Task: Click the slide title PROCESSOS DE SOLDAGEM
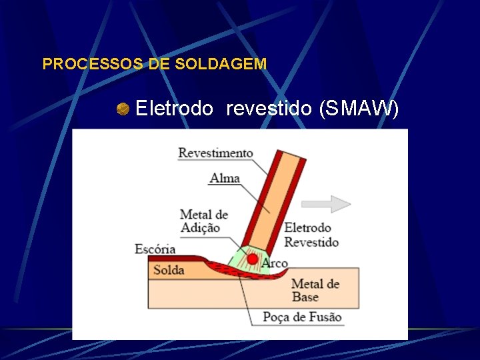[x=154, y=64]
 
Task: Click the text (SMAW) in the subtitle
[x=359, y=108]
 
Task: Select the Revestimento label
[x=215, y=153]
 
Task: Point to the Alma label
[x=225, y=178]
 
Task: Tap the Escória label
[x=155, y=249]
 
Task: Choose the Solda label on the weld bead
[x=168, y=270]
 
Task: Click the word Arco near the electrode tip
[x=275, y=264]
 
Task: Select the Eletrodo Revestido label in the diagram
[x=311, y=234]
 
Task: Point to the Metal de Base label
[x=315, y=290]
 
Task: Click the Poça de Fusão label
[x=301, y=317]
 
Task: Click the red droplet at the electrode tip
[x=253, y=259]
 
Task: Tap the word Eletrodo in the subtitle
[x=175, y=108]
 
